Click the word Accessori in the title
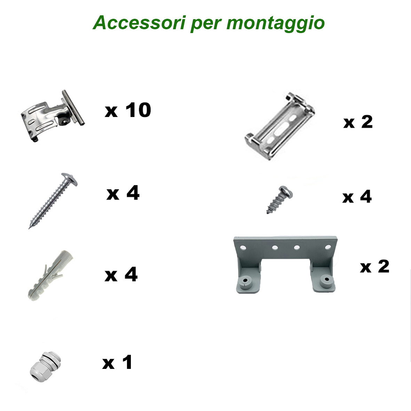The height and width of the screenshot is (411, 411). click(x=140, y=23)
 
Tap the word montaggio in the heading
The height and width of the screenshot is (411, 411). click(x=276, y=24)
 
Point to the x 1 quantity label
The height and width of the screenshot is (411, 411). click(x=117, y=363)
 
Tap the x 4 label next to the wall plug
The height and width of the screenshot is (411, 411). click(x=121, y=275)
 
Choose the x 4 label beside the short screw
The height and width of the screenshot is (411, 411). click(x=357, y=197)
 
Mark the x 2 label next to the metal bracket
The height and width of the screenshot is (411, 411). click(x=358, y=122)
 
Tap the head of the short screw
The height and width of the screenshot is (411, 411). click(x=286, y=192)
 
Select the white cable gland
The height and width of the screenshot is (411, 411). click(x=45, y=367)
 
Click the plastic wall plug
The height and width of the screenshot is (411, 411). click(x=50, y=275)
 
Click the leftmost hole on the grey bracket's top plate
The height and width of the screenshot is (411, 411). click(x=243, y=247)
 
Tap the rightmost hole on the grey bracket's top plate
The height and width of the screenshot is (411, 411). click(x=328, y=247)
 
